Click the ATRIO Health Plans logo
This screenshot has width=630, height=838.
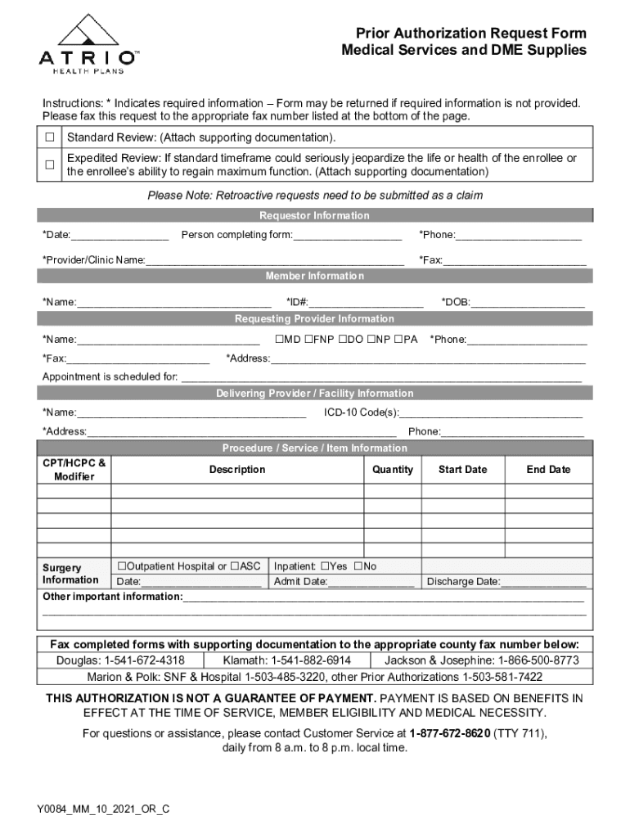point(89,45)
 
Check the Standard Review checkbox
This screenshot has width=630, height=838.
point(49,137)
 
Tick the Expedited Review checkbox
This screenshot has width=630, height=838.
point(49,164)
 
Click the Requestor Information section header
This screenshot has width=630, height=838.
point(314,216)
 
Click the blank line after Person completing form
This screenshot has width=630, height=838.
point(347,237)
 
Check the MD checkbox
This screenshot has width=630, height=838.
point(279,339)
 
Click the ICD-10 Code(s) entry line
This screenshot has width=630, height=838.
point(491,413)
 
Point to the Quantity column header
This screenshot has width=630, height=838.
point(393,470)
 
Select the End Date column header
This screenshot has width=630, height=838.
point(548,470)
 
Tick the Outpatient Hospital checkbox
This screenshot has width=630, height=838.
point(121,566)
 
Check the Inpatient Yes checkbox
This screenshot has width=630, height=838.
point(325,566)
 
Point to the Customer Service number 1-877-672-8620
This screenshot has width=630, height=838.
point(450,733)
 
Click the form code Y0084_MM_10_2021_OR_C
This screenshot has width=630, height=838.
point(103,809)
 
